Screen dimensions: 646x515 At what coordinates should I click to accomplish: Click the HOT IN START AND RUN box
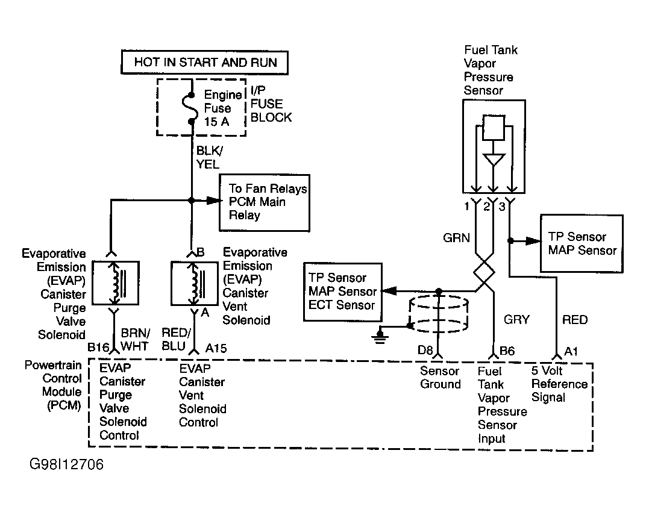205,63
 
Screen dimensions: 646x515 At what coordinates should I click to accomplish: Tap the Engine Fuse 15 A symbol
191,108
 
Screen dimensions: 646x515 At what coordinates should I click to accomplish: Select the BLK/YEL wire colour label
209,157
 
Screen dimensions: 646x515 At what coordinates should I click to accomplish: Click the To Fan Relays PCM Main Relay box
265,202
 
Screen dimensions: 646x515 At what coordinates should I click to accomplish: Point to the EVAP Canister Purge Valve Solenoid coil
115,283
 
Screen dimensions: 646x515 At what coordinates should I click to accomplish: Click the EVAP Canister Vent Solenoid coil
195,283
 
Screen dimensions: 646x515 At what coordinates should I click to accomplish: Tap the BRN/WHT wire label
135,339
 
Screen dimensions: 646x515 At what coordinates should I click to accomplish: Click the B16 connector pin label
98,348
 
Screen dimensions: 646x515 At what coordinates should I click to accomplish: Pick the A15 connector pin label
216,348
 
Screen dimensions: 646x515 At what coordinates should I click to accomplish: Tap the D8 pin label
425,351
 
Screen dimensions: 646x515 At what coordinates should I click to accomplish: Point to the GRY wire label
516,319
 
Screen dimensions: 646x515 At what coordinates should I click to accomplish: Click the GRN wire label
457,237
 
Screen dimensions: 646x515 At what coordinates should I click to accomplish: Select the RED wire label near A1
575,319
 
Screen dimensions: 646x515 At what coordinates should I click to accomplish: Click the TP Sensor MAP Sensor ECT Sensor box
343,292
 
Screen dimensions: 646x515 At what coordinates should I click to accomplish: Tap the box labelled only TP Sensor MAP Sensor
582,243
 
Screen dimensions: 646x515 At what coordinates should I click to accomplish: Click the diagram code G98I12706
67,464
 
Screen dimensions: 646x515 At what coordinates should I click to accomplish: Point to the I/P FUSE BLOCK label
271,104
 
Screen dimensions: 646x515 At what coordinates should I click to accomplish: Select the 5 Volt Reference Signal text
559,384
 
